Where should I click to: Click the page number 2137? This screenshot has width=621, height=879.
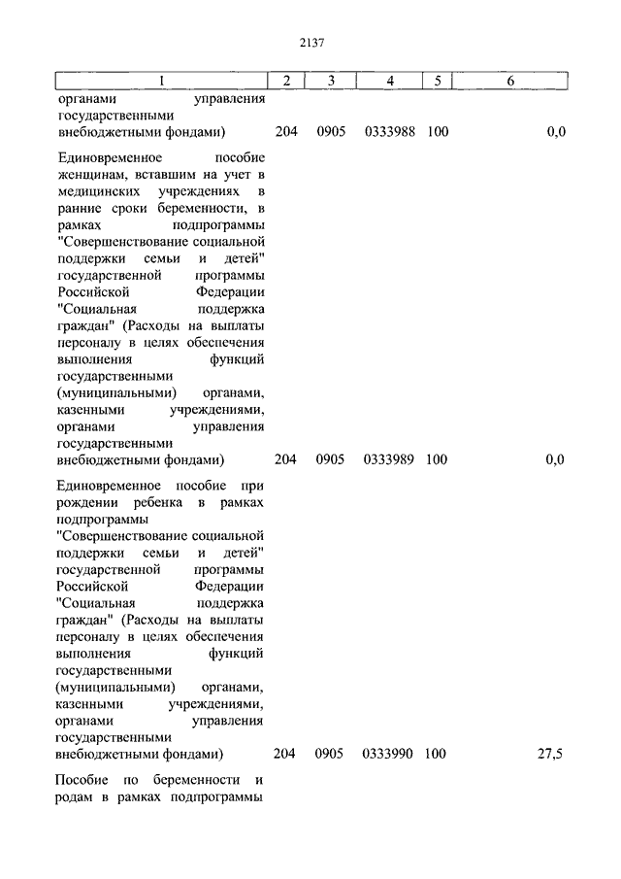tap(310, 42)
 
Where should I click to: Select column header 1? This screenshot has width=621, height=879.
tap(161, 81)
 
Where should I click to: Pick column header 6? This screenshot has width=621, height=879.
tap(510, 81)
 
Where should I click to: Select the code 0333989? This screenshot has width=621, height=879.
tap(389, 459)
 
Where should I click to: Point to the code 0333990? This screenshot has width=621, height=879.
tap(389, 754)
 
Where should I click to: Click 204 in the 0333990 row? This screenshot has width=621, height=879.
tap(284, 754)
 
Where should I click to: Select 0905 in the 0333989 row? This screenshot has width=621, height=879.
tap(330, 459)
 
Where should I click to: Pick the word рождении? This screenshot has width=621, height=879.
tap(87, 502)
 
